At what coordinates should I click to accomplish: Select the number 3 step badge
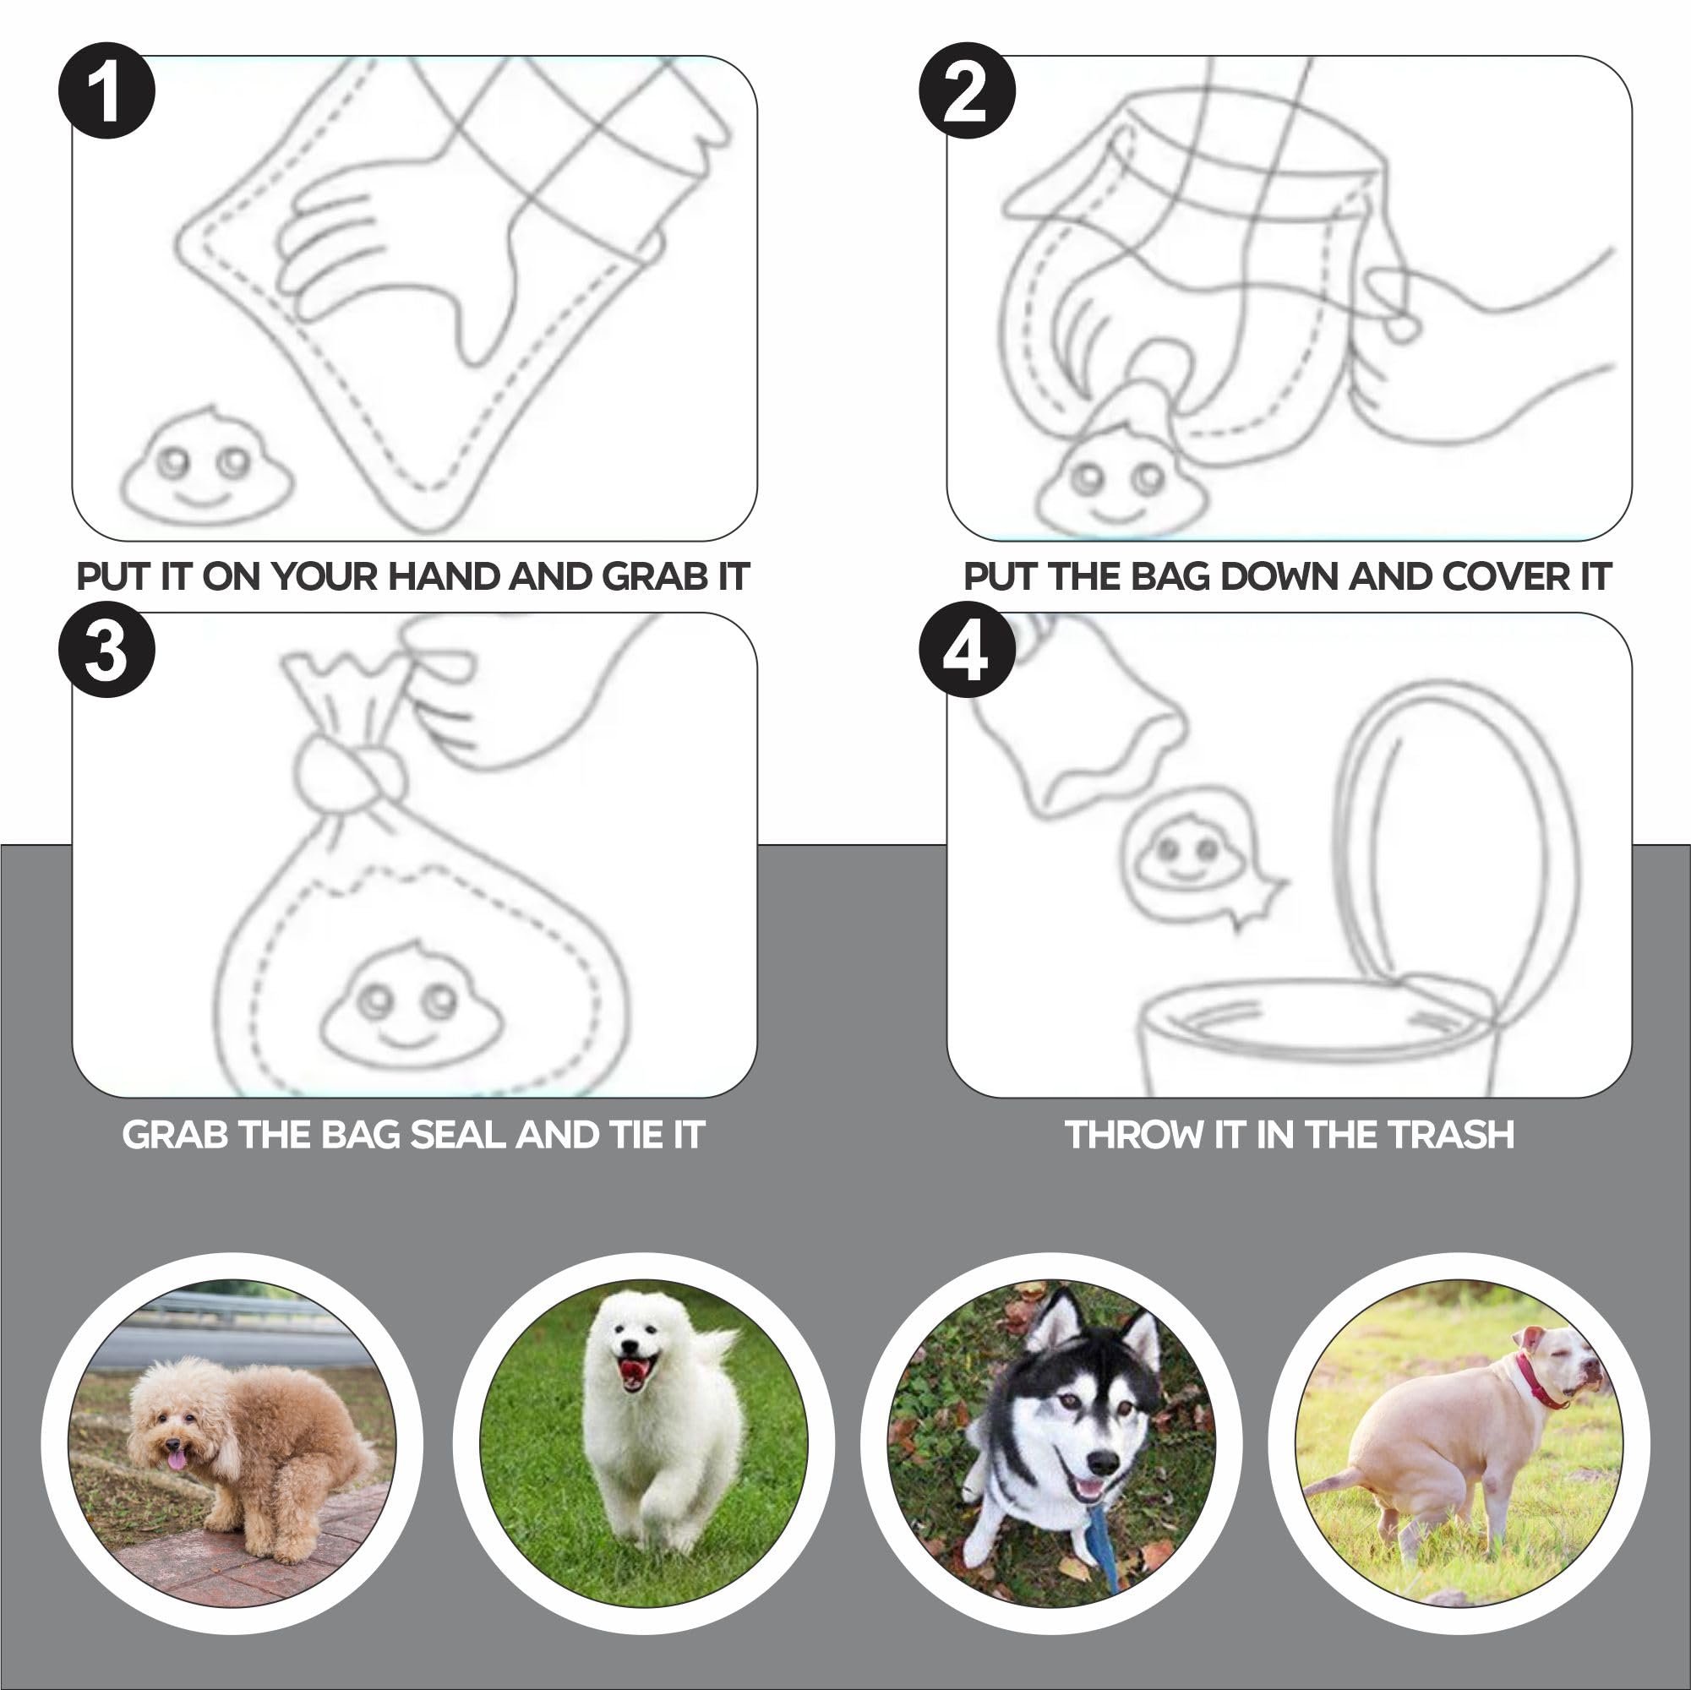pos(106,650)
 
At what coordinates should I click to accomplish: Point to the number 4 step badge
pos(967,650)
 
